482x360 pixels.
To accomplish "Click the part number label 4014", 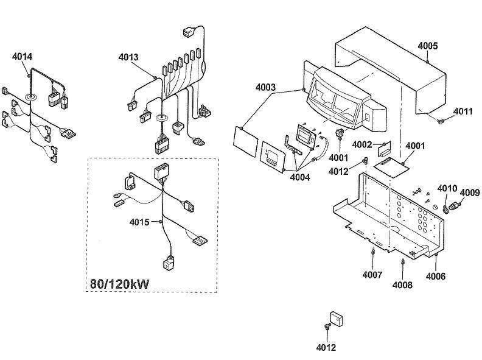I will click(x=22, y=57).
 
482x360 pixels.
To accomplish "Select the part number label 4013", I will click(x=128, y=57).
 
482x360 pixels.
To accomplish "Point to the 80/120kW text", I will click(x=120, y=284).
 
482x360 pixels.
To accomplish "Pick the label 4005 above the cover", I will click(x=428, y=46).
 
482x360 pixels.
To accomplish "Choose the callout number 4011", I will click(x=463, y=111).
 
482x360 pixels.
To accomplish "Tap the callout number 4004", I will click(x=299, y=177).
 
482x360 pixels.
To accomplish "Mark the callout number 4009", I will click(x=469, y=193).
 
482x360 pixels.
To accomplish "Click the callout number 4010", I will click(x=447, y=188).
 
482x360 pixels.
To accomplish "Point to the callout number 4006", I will click(x=435, y=276).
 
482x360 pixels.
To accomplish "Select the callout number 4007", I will click(x=372, y=274).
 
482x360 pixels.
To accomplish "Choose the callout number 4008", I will click(x=402, y=284).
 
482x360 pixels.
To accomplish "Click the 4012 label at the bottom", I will click(x=326, y=348).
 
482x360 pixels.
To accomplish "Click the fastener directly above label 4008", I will click(x=403, y=262).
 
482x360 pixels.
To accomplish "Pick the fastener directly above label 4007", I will click(x=372, y=252).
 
